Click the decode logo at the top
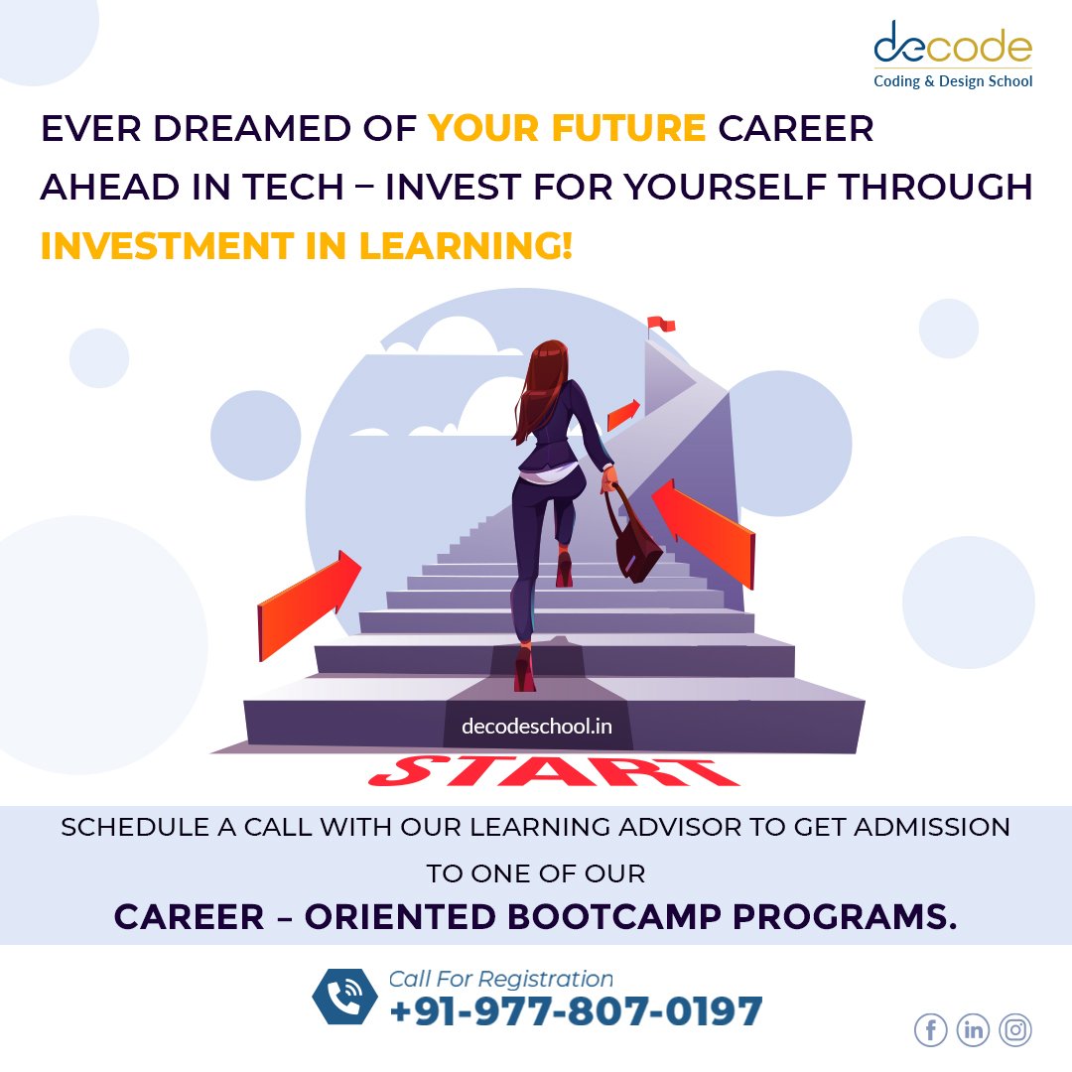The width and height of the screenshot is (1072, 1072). [x=952, y=55]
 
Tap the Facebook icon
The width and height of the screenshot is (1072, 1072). [x=930, y=1030]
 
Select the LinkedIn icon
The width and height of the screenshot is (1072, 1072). [x=973, y=1030]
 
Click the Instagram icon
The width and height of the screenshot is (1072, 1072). [x=1015, y=1030]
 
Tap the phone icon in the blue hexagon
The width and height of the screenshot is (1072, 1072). [x=344, y=997]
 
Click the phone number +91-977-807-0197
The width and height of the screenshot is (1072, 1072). [x=577, y=1011]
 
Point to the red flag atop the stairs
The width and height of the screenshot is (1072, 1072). [x=659, y=324]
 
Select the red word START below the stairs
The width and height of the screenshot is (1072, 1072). [x=554, y=771]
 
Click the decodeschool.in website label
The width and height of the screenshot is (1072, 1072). [x=536, y=727]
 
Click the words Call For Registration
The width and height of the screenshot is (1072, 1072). [x=500, y=979]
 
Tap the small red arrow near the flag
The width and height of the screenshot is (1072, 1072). [x=623, y=414]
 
